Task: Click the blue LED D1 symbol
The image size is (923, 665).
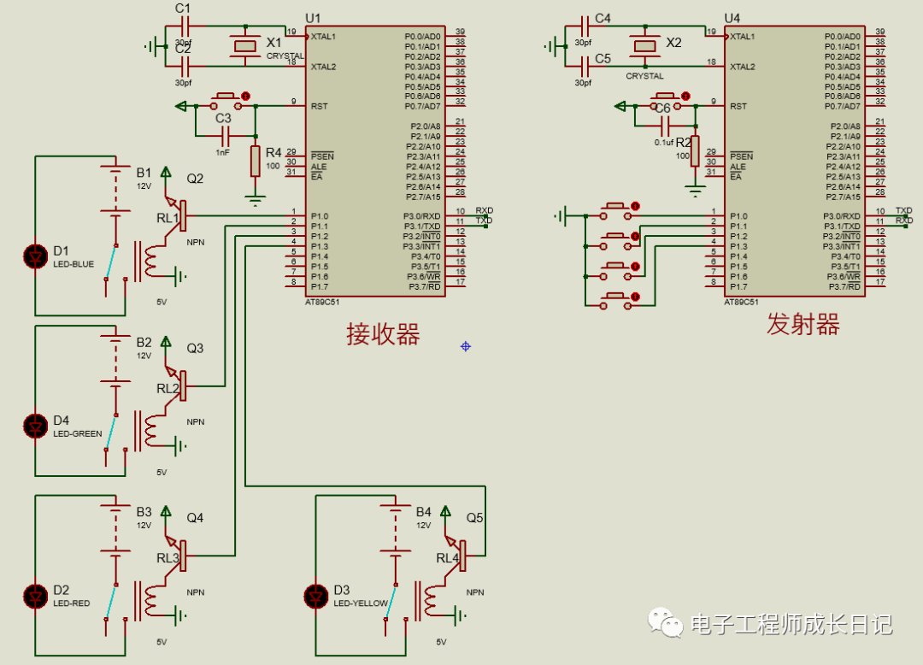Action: point(36,254)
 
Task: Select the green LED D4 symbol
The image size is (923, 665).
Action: point(36,424)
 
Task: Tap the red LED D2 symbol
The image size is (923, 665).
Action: point(36,593)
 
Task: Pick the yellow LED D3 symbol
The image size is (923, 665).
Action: point(317,593)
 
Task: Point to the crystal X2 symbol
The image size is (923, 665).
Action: point(645,47)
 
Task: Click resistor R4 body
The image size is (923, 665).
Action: point(255,161)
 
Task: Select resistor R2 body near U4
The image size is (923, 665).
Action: point(695,151)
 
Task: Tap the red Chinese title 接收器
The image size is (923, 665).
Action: point(383,334)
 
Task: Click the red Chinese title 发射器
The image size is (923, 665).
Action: point(802,325)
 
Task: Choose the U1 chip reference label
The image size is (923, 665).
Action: point(313,18)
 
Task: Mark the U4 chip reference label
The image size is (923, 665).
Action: point(732,18)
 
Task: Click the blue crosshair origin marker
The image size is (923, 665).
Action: point(465,346)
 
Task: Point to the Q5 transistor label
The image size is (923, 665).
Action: point(474,518)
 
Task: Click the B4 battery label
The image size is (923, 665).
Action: point(424,512)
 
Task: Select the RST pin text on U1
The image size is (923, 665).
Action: point(319,107)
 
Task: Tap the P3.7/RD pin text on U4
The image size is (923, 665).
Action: point(845,287)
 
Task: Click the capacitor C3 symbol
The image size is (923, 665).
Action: point(224,135)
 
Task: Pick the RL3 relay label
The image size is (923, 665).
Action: point(168,558)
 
